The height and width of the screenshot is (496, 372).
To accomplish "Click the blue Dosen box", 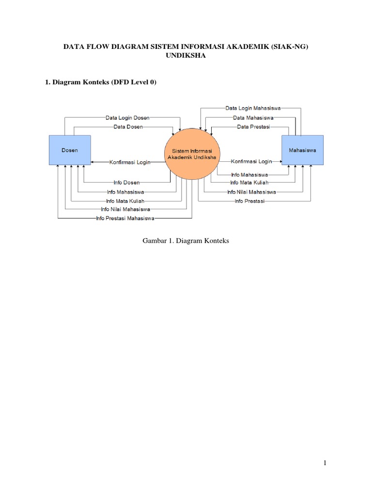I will tap(69, 150).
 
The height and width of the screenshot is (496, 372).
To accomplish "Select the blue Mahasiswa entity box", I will tap(303, 150).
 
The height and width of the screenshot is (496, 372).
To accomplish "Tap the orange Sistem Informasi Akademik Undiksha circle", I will tap(192, 154).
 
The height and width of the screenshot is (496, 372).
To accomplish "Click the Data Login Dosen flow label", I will tap(127, 118).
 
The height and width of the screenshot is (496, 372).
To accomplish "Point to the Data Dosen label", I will tap(128, 127).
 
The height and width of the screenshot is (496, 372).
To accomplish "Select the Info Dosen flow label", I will tap(126, 183).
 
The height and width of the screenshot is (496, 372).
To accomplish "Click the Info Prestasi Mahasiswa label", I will tap(125, 219).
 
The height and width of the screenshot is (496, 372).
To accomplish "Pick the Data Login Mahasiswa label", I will tap(253, 108).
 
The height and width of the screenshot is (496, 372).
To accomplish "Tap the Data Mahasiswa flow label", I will tap(253, 118).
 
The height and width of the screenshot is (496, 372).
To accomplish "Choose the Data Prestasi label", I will tap(253, 127).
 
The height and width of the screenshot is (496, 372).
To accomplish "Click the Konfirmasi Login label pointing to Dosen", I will tap(130, 162).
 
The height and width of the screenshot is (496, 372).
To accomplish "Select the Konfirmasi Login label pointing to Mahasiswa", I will tap(251, 161).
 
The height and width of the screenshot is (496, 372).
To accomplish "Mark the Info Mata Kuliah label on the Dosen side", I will tap(125, 201).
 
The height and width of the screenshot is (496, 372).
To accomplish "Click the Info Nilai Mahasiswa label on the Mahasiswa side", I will tap(251, 192).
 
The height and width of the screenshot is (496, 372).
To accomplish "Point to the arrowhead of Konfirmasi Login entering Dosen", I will tap(93, 162).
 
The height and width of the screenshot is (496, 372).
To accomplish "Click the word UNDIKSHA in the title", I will tap(186, 56).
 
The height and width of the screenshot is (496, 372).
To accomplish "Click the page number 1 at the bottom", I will tap(325, 463).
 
